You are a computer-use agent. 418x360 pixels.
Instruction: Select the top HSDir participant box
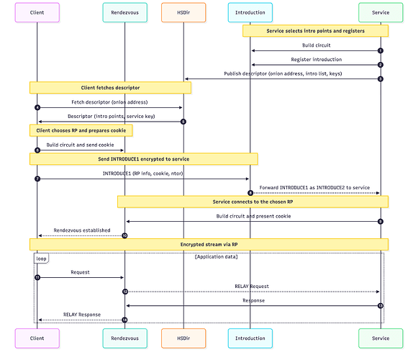[x=183, y=12]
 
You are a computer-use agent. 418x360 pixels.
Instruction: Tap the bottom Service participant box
[x=380, y=338]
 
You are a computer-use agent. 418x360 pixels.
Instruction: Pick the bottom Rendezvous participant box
[x=124, y=338]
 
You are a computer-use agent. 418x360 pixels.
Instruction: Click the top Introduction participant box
[x=250, y=12]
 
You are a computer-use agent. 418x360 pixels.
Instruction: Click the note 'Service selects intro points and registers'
[x=315, y=31]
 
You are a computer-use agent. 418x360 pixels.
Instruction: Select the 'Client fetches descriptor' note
[x=110, y=87]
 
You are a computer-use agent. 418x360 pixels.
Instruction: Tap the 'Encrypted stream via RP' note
[x=209, y=244]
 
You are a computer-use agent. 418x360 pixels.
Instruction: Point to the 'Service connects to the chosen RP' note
[x=253, y=202]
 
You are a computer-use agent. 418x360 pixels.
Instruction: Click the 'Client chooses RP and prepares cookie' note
[x=81, y=130]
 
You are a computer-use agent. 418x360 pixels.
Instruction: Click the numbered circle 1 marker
[x=380, y=50]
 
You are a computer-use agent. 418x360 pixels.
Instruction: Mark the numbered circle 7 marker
[x=37, y=179]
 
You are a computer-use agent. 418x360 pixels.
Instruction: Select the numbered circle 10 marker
[x=124, y=235]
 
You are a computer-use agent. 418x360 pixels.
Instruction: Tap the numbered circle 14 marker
[x=124, y=320]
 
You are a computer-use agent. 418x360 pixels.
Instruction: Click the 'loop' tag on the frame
[x=42, y=257]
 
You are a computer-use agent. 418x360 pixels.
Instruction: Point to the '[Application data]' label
[x=216, y=256]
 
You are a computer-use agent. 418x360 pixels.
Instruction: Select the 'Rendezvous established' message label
[x=82, y=230]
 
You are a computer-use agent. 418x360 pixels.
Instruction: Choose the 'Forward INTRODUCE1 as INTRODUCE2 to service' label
[x=314, y=187]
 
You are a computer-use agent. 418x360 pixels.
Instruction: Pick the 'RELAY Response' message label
[x=81, y=315]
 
